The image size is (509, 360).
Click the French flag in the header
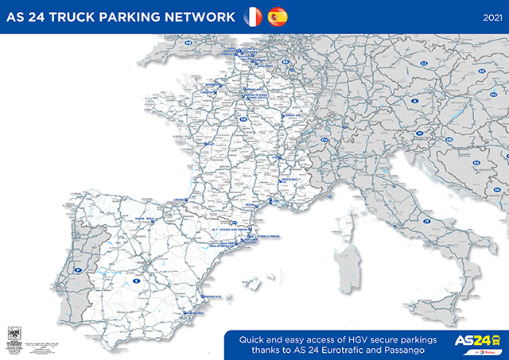pyautogui.click(x=252, y=16)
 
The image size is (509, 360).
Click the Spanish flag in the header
pyautogui.click(x=278, y=16)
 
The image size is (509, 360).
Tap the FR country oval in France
pyautogui.click(x=245, y=119)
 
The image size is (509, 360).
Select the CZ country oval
pyautogui.click(x=424, y=63)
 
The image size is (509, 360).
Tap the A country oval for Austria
pyautogui.click(x=414, y=101)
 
